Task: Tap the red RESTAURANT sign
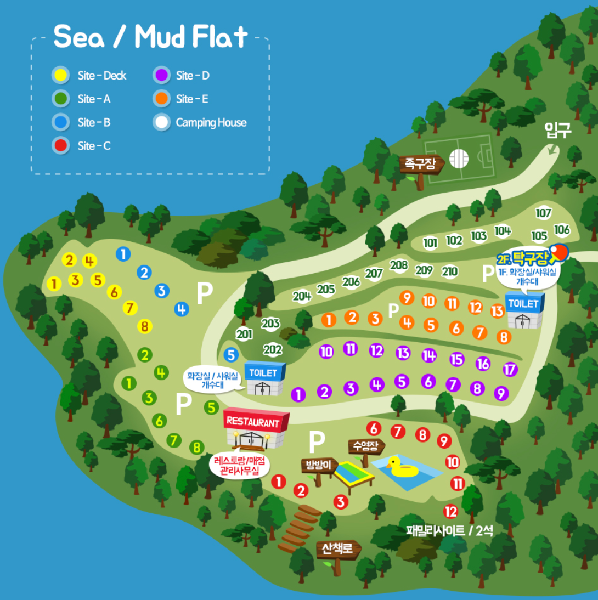(x=253, y=422)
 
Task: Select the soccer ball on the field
(x=459, y=159)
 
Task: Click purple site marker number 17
(x=510, y=370)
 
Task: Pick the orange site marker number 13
(x=497, y=312)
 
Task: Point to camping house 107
(x=543, y=213)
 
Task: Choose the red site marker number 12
(x=450, y=512)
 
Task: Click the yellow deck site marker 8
(x=145, y=327)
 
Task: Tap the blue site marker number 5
(x=231, y=355)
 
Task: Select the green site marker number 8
(x=196, y=448)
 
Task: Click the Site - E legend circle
(x=161, y=99)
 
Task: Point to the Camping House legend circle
(x=161, y=122)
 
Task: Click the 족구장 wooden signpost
(x=420, y=163)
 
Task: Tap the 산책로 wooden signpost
(x=337, y=549)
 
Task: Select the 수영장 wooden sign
(x=366, y=446)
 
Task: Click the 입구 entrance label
(x=557, y=130)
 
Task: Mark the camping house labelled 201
(x=244, y=334)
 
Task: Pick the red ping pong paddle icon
(x=558, y=252)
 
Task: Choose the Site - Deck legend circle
(x=61, y=75)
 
